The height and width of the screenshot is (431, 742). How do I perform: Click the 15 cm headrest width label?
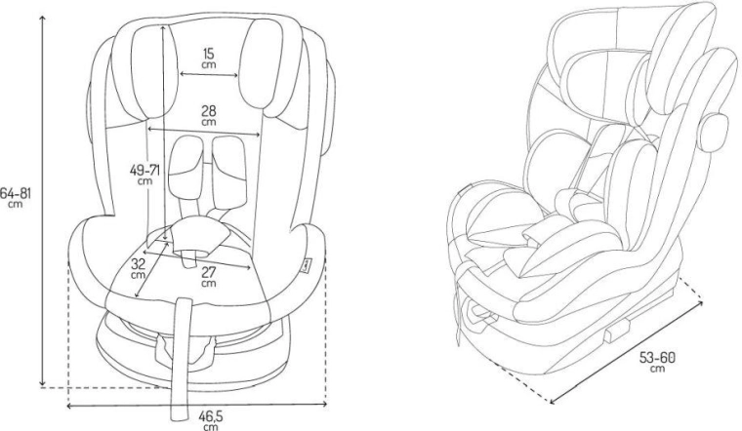tap(209, 59)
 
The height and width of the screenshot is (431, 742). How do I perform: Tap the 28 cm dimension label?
tap(209, 116)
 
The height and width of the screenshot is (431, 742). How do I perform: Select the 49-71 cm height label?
tap(144, 174)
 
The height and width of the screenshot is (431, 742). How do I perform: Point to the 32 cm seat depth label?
tap(138, 268)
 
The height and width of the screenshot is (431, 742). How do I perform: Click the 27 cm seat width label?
tap(209, 277)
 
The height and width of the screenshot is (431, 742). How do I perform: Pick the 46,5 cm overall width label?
tap(210, 420)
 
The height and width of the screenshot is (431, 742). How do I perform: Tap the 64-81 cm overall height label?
tap(16, 198)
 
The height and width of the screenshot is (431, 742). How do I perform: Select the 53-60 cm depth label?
tap(657, 362)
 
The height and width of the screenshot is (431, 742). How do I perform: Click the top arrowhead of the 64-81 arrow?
tap(43, 17)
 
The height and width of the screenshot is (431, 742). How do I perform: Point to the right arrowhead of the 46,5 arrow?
tap(324, 404)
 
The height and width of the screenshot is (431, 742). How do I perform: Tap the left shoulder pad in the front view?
tap(185, 169)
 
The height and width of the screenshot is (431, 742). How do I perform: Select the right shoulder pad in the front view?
tap(228, 172)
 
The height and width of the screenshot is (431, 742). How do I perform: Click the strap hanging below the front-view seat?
tap(181, 359)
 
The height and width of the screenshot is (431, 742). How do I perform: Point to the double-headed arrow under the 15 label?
tap(209, 74)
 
